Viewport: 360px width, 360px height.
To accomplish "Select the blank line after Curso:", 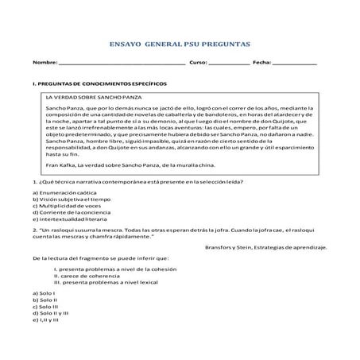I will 227,63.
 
